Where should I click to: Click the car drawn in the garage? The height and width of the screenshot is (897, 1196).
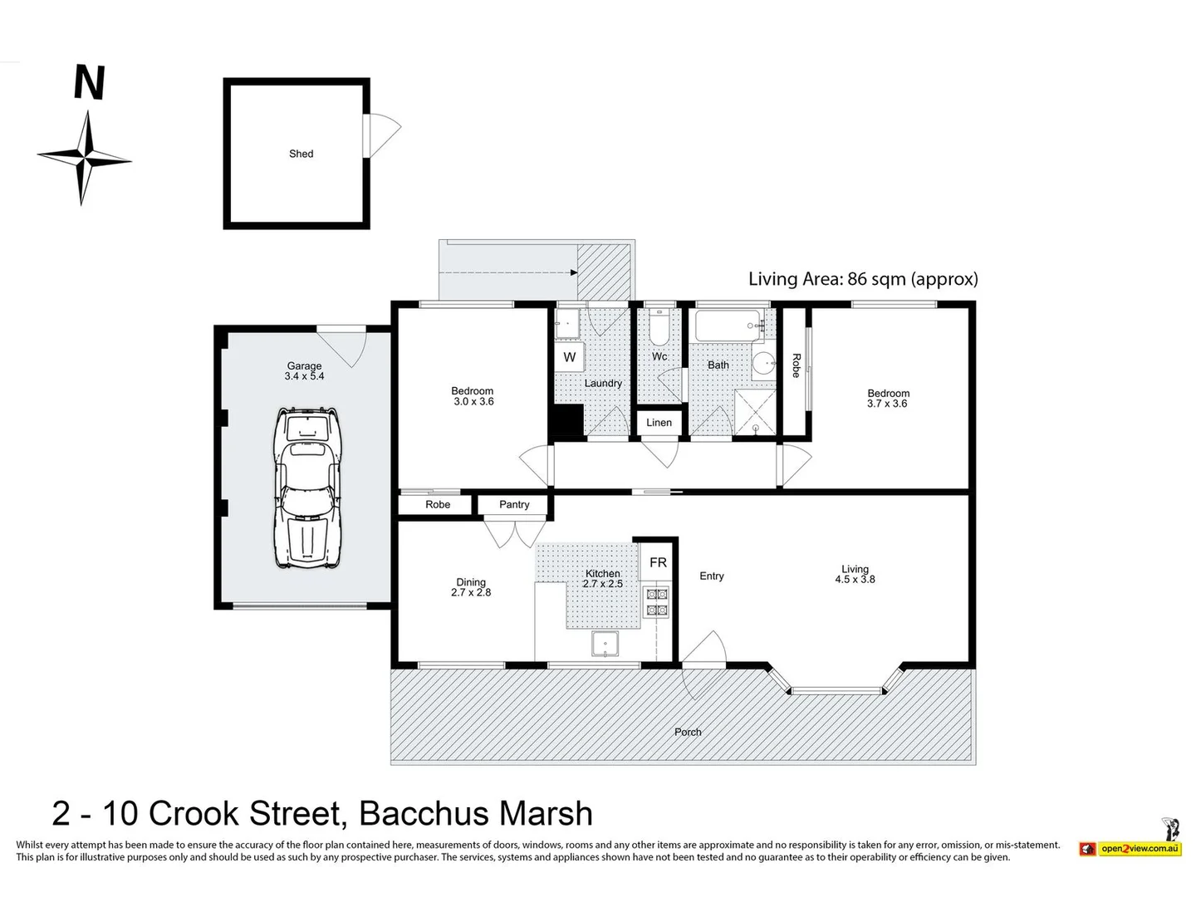coord(306,488)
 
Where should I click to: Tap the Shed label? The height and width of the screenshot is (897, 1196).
coord(301,154)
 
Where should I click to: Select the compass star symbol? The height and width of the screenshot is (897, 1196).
coord(85,159)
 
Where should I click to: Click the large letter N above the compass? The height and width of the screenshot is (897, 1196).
coord(90,82)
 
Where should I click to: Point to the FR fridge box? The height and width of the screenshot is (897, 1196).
coord(658,561)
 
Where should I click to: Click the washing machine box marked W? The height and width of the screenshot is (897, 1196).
coord(570,357)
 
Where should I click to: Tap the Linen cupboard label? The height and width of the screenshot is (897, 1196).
coord(659,422)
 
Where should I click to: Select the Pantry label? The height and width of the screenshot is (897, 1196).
coord(514,504)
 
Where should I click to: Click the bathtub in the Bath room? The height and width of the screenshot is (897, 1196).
coord(728,326)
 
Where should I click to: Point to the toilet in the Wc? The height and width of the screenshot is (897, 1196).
coord(659,328)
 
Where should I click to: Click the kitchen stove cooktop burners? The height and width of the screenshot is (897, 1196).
coord(657,602)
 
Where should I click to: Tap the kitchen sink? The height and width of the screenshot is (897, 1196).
coord(605,644)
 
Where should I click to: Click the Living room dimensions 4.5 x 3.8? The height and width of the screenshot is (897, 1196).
coord(855,579)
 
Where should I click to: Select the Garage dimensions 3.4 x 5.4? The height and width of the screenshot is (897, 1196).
coord(304,375)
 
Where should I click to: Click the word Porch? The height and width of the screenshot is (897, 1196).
coord(688,732)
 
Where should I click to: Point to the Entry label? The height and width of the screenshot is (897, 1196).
coord(711,576)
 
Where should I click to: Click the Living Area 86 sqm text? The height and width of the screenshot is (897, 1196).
coord(863,279)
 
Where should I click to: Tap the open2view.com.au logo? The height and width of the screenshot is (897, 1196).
coord(1130,848)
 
